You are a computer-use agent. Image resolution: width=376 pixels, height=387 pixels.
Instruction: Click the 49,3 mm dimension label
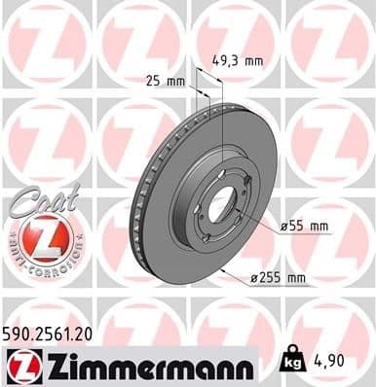click(238, 61)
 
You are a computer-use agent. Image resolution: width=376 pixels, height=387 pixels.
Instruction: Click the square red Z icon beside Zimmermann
click(19, 367)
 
